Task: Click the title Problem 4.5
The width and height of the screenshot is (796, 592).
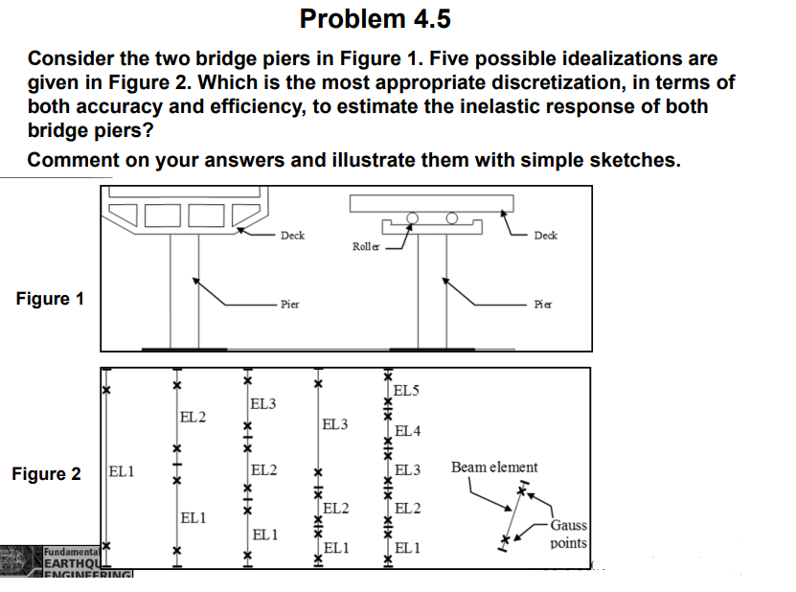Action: (x=375, y=19)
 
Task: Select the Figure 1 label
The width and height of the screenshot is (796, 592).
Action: (x=50, y=298)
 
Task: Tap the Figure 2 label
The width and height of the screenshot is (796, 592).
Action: (x=47, y=473)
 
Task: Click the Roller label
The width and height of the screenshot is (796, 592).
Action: (x=366, y=246)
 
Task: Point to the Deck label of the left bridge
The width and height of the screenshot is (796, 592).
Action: (x=292, y=236)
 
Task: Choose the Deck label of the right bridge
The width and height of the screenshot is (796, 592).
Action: (x=545, y=235)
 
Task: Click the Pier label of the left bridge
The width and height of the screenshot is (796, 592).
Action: (x=289, y=304)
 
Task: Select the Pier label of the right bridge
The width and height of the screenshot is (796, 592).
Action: (x=543, y=304)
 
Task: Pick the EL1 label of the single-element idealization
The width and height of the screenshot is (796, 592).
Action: (x=122, y=471)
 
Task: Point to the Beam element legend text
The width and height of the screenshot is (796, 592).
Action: (x=494, y=467)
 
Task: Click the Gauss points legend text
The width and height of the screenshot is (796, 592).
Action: (x=569, y=534)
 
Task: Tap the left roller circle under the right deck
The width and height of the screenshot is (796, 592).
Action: (x=412, y=217)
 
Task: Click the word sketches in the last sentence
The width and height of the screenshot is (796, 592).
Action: (x=632, y=159)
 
